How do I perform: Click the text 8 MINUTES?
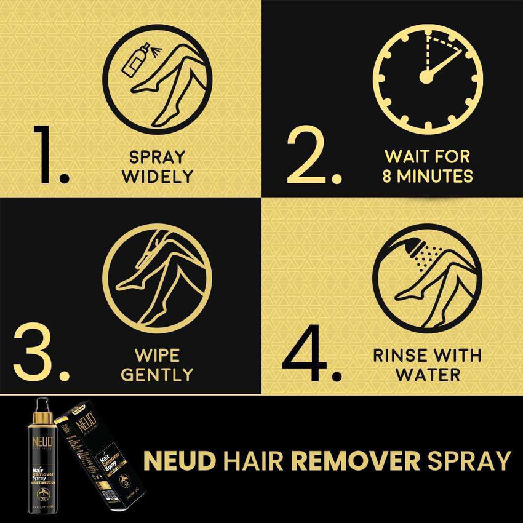click(x=428, y=176)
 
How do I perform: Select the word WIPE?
click(x=158, y=355)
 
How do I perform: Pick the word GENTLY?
click(x=157, y=374)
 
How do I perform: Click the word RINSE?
click(x=401, y=355)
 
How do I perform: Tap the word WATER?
click(x=428, y=374)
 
